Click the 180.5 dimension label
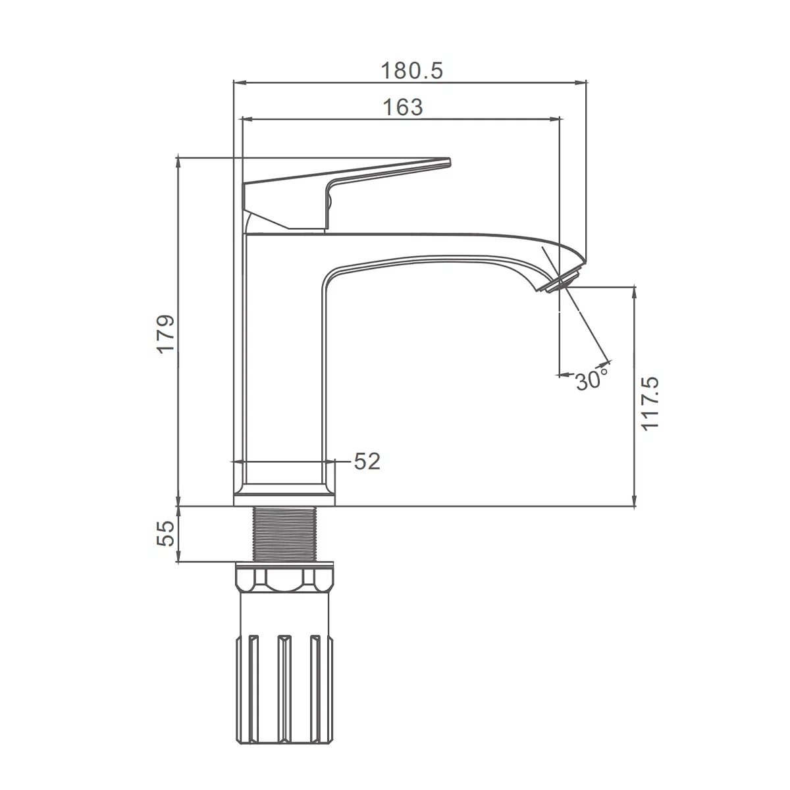click(412, 70)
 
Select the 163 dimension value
click(403, 107)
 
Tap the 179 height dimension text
click(166, 334)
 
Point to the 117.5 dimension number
click(649, 404)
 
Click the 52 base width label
click(367, 461)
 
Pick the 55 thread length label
click(166, 533)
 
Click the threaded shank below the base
click(285, 534)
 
